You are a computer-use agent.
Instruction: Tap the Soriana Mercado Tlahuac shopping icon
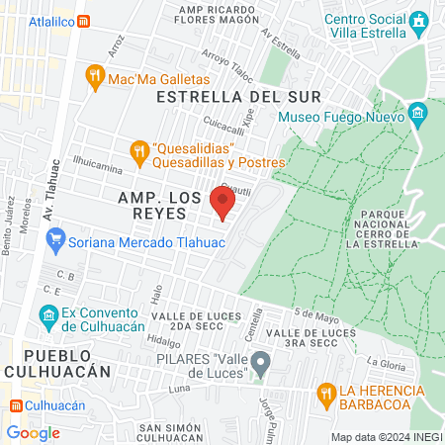(x=55, y=238)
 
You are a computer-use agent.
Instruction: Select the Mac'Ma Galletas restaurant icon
(x=96, y=76)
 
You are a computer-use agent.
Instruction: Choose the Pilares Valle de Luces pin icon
(x=260, y=365)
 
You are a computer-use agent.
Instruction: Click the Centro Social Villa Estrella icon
(x=420, y=20)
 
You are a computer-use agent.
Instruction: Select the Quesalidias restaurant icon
(x=139, y=151)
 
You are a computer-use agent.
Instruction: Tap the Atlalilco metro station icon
(x=84, y=20)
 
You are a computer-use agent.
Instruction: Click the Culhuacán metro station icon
(x=16, y=405)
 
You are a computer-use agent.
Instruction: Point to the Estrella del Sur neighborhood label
(x=238, y=97)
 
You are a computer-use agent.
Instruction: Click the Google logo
(x=33, y=432)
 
